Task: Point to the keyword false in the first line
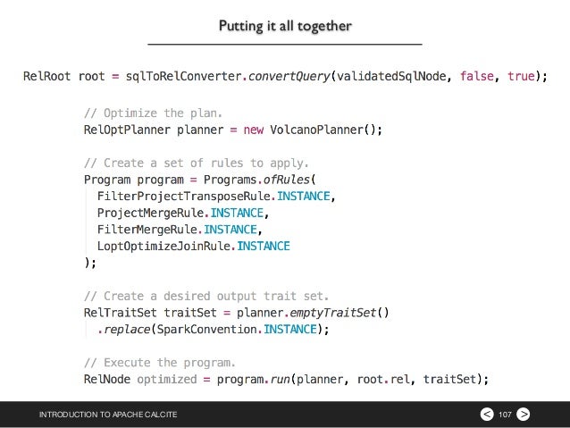click(x=478, y=77)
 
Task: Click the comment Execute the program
click(x=160, y=363)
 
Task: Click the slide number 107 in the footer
click(x=505, y=415)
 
